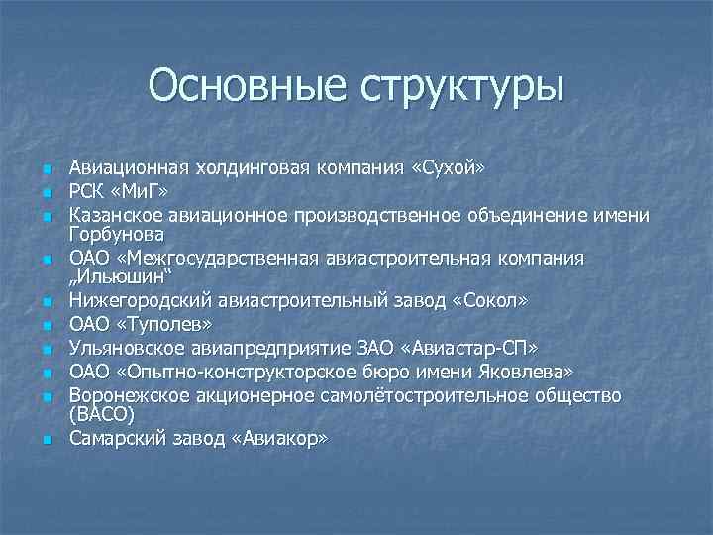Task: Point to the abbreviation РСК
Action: click(x=87, y=190)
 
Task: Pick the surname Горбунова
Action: click(x=115, y=234)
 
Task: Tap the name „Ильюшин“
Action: click(x=117, y=278)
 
